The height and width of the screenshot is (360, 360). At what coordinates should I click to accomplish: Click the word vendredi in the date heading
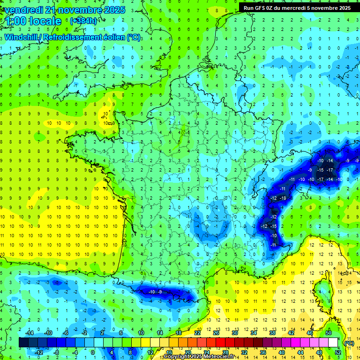pos(25,10)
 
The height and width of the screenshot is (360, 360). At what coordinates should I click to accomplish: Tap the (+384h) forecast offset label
pos(83,21)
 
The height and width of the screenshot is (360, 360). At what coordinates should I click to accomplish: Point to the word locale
pos(45,21)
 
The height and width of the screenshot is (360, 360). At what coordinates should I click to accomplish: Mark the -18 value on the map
pos(283,198)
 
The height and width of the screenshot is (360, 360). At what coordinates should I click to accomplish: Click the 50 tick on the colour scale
pos(329,332)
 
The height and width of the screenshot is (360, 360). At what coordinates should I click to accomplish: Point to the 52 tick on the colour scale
pos(337,352)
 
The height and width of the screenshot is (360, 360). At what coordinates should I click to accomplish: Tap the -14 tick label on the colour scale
pos(30,332)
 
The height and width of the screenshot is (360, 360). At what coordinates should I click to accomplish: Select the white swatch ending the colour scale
pos(333,342)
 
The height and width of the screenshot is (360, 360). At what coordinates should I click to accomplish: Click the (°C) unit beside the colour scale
pos(349,343)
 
